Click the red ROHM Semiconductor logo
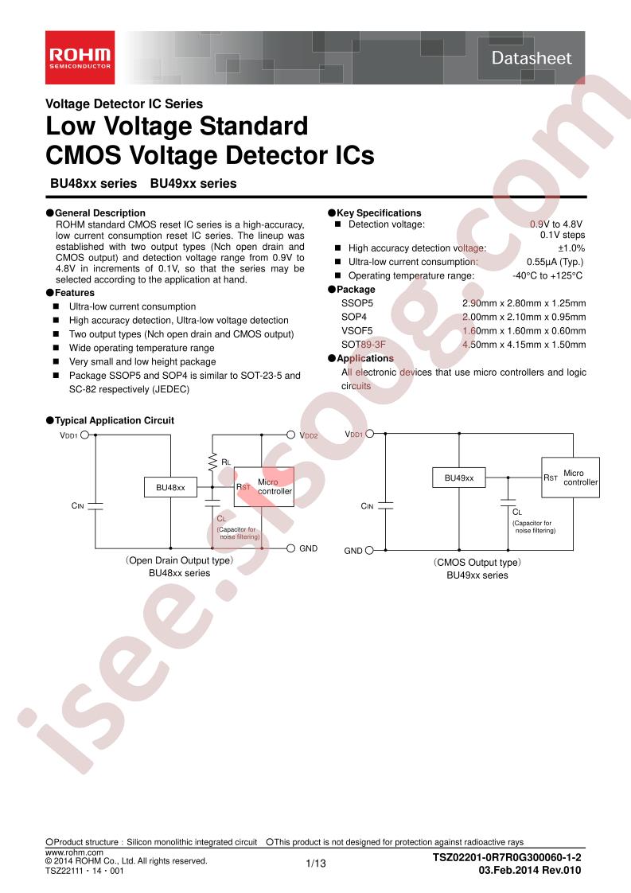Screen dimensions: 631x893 pyautogui.click(x=80, y=57)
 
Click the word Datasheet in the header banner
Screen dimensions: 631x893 pyautogui.click(x=532, y=58)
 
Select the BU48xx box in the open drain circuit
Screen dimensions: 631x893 pyautogui.click(x=170, y=488)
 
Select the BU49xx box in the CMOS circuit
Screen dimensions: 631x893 pyautogui.click(x=459, y=478)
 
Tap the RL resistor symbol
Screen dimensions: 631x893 pyautogui.click(x=212, y=462)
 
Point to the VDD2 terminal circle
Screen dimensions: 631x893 pyautogui.click(x=290, y=435)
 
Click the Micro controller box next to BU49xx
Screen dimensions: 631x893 pyautogui.click(x=570, y=478)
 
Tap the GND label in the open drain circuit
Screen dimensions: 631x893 pyautogui.click(x=308, y=548)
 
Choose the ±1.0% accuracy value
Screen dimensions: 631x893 pyautogui.click(x=571, y=248)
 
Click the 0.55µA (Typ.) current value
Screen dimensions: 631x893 pyautogui.click(x=555, y=262)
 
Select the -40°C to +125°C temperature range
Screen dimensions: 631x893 pyautogui.click(x=547, y=275)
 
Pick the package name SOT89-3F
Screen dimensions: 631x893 pyautogui.click(x=364, y=345)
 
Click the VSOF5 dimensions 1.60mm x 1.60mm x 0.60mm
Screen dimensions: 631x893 pyautogui.click(x=524, y=331)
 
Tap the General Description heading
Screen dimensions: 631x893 pyautogui.click(x=99, y=213)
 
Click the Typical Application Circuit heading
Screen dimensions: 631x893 pyautogui.click(x=115, y=420)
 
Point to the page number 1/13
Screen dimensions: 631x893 pyautogui.click(x=316, y=864)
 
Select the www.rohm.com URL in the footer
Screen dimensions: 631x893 pyautogui.click(x=75, y=852)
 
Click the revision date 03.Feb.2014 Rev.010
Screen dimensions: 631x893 pyautogui.click(x=530, y=870)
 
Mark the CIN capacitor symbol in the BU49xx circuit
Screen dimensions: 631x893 pyautogui.click(x=386, y=505)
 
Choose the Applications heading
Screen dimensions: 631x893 pyautogui.click(x=365, y=358)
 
